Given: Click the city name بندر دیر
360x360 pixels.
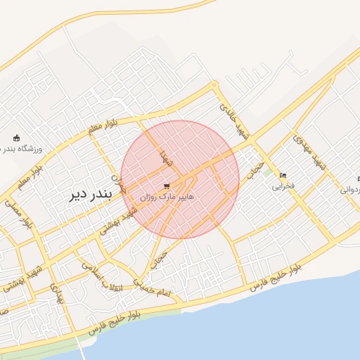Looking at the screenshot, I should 89,195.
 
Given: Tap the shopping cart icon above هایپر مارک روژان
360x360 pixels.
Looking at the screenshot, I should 166,186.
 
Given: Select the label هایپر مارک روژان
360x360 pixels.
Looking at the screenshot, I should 166,198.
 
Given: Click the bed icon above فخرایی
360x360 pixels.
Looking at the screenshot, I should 283,175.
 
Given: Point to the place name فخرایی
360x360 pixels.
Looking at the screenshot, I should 283,186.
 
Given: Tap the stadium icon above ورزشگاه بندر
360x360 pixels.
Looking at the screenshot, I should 17,138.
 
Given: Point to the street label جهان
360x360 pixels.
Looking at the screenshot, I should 119,184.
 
